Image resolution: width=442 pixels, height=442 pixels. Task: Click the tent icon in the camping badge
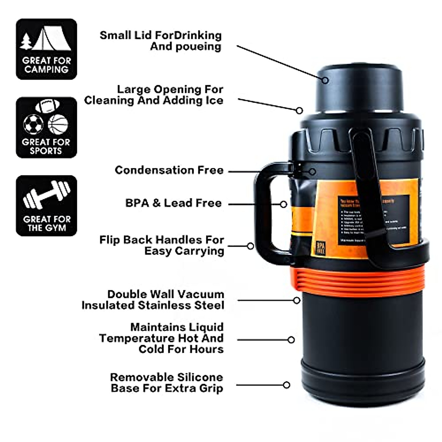[52, 38]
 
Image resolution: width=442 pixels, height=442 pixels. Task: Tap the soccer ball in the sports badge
[33, 124]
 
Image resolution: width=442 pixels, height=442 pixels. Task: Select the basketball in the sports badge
[58, 124]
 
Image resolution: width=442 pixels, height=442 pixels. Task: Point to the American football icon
[47, 106]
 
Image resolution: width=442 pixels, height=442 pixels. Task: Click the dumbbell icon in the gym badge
[46, 194]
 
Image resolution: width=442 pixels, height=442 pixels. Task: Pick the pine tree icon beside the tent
[26, 41]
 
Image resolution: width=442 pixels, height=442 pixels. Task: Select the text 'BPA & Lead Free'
[173, 203]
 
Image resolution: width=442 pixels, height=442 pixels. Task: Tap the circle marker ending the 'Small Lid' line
[325, 80]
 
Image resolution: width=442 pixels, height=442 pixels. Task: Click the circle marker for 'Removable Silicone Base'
[286, 385]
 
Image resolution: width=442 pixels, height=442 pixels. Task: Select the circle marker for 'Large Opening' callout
[299, 110]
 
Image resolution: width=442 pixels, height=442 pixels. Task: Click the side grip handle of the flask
[267, 214]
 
